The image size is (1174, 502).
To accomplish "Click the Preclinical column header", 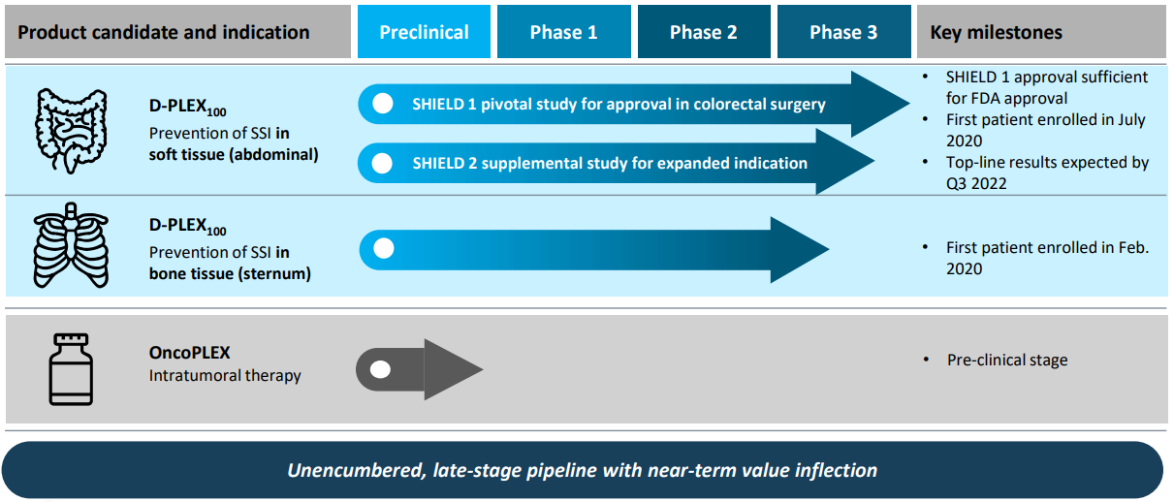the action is point(424,31).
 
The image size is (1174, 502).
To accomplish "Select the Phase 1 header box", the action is point(564,31).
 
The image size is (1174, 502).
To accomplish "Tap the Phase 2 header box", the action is point(704,31).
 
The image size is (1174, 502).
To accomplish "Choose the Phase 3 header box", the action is point(843,31).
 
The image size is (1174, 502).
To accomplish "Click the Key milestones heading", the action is point(996,33).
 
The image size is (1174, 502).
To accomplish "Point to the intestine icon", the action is point(72,131).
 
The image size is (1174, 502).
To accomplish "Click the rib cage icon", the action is point(71,245).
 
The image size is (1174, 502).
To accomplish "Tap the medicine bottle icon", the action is point(71,369).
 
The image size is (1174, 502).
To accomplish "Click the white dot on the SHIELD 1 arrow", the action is point(383,104).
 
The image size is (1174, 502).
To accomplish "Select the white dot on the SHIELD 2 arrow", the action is point(382,163).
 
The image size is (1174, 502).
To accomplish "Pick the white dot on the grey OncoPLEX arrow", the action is point(380,369).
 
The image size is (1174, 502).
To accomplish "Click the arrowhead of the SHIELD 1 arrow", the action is point(880,104).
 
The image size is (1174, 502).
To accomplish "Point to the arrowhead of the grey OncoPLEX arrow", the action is point(454,369).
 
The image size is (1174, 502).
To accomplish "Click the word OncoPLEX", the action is point(189,353).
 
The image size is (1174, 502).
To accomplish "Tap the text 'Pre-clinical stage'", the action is point(1007,360).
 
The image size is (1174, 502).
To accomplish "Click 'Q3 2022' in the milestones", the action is point(976,183).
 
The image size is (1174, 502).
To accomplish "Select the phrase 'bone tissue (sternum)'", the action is point(230,273).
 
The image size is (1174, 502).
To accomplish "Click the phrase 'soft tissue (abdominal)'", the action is point(234,155).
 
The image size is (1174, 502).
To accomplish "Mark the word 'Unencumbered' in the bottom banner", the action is point(356,470).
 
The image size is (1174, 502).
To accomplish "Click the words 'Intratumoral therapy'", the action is point(225,376).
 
